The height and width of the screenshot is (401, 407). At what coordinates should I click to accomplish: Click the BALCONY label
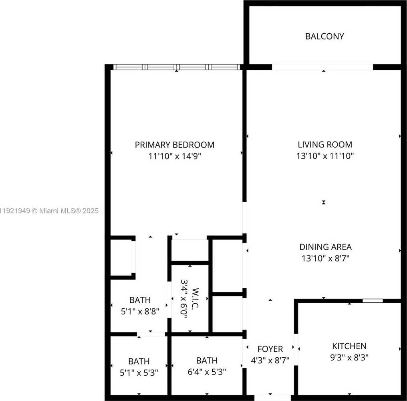[324, 36]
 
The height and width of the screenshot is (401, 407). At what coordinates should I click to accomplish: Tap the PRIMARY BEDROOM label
[174, 145]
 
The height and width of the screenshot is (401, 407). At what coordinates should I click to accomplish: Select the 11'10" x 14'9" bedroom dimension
[174, 156]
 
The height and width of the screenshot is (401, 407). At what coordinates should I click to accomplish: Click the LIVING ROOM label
[325, 145]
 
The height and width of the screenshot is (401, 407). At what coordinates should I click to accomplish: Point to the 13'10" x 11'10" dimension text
[325, 156]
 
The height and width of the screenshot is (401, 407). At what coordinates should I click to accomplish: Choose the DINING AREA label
[325, 247]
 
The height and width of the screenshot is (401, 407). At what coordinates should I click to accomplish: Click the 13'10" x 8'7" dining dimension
[325, 259]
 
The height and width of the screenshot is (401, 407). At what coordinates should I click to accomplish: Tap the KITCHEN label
[349, 346]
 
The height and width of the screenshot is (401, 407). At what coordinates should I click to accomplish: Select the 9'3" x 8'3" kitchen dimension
[349, 357]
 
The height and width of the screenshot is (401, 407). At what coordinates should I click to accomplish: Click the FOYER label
[270, 349]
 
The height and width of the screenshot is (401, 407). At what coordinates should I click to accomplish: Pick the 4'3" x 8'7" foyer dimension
[270, 360]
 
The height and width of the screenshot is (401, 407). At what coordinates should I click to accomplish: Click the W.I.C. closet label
[196, 299]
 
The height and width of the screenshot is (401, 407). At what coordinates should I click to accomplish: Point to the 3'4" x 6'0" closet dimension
[184, 299]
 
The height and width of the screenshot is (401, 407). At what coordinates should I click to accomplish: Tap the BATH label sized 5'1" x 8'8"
[140, 300]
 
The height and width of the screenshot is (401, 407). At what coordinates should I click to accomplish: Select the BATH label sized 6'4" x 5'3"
[207, 360]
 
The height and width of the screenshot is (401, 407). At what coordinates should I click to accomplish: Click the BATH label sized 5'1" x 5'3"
[139, 361]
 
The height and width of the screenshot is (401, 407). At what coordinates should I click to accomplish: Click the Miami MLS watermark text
[49, 211]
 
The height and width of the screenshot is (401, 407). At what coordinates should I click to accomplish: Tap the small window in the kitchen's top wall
[373, 300]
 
